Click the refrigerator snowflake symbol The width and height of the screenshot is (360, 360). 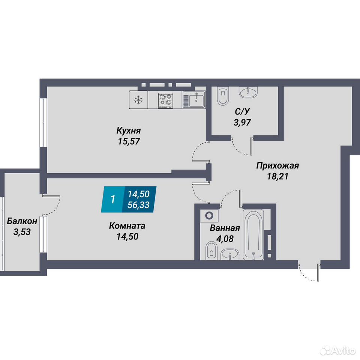pos(138,100)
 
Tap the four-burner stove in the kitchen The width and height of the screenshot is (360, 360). pos(165,100)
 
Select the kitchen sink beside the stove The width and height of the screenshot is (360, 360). pos(193,99)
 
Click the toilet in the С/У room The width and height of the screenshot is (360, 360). pos(223,96)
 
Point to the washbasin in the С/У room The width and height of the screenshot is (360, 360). pos(248,92)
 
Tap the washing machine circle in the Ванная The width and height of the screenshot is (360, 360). pos(209,216)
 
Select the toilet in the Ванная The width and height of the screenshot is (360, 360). pos(211,251)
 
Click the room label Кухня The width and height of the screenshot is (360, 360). pos(129,131)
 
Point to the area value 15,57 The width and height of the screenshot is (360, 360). pos(129,141)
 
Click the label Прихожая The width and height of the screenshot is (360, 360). pos(277,165)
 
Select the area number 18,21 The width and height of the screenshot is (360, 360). pos(277,176)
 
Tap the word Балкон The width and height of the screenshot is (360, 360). pos(22,221)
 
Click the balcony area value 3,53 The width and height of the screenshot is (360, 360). pos(22,232)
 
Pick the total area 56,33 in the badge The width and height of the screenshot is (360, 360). pos(138,205)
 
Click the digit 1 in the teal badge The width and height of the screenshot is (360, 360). pos(112,199)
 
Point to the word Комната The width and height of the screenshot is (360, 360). pos(127,226)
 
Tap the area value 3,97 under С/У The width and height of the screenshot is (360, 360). pos(242,122)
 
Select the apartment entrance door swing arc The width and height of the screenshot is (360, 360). pos(307,276)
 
